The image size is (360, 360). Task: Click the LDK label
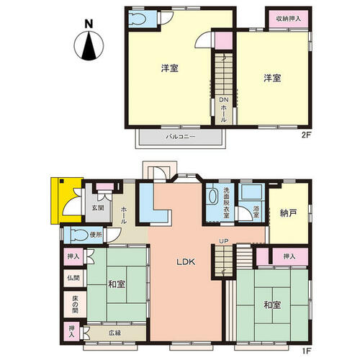pyautogui.click(x=186, y=262)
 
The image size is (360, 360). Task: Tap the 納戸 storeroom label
pyautogui.click(x=288, y=213)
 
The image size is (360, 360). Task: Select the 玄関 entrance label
pyautogui.click(x=98, y=208)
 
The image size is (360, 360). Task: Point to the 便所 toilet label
pyautogui.click(x=96, y=235)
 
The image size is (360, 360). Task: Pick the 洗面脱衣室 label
pyautogui.click(x=226, y=203)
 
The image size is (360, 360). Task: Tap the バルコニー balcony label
pyautogui.click(x=181, y=137)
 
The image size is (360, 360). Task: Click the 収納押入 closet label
pyautogui.click(x=289, y=19)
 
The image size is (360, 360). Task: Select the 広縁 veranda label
pyautogui.click(x=114, y=333)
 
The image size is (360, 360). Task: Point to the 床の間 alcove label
pyautogui.click(x=75, y=304)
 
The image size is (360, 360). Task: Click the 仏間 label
pyautogui.click(x=73, y=278)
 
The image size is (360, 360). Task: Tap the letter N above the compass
pyautogui.click(x=89, y=24)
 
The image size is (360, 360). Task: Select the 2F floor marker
pyautogui.click(x=306, y=135)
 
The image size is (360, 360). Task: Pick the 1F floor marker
pyautogui.click(x=306, y=351)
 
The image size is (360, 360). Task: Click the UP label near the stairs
pyautogui.click(x=223, y=240)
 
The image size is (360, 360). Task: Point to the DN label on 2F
pyautogui.click(x=223, y=99)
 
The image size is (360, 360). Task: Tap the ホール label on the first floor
pyautogui.click(x=123, y=215)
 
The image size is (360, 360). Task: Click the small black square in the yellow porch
pyautogui.click(x=62, y=181)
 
